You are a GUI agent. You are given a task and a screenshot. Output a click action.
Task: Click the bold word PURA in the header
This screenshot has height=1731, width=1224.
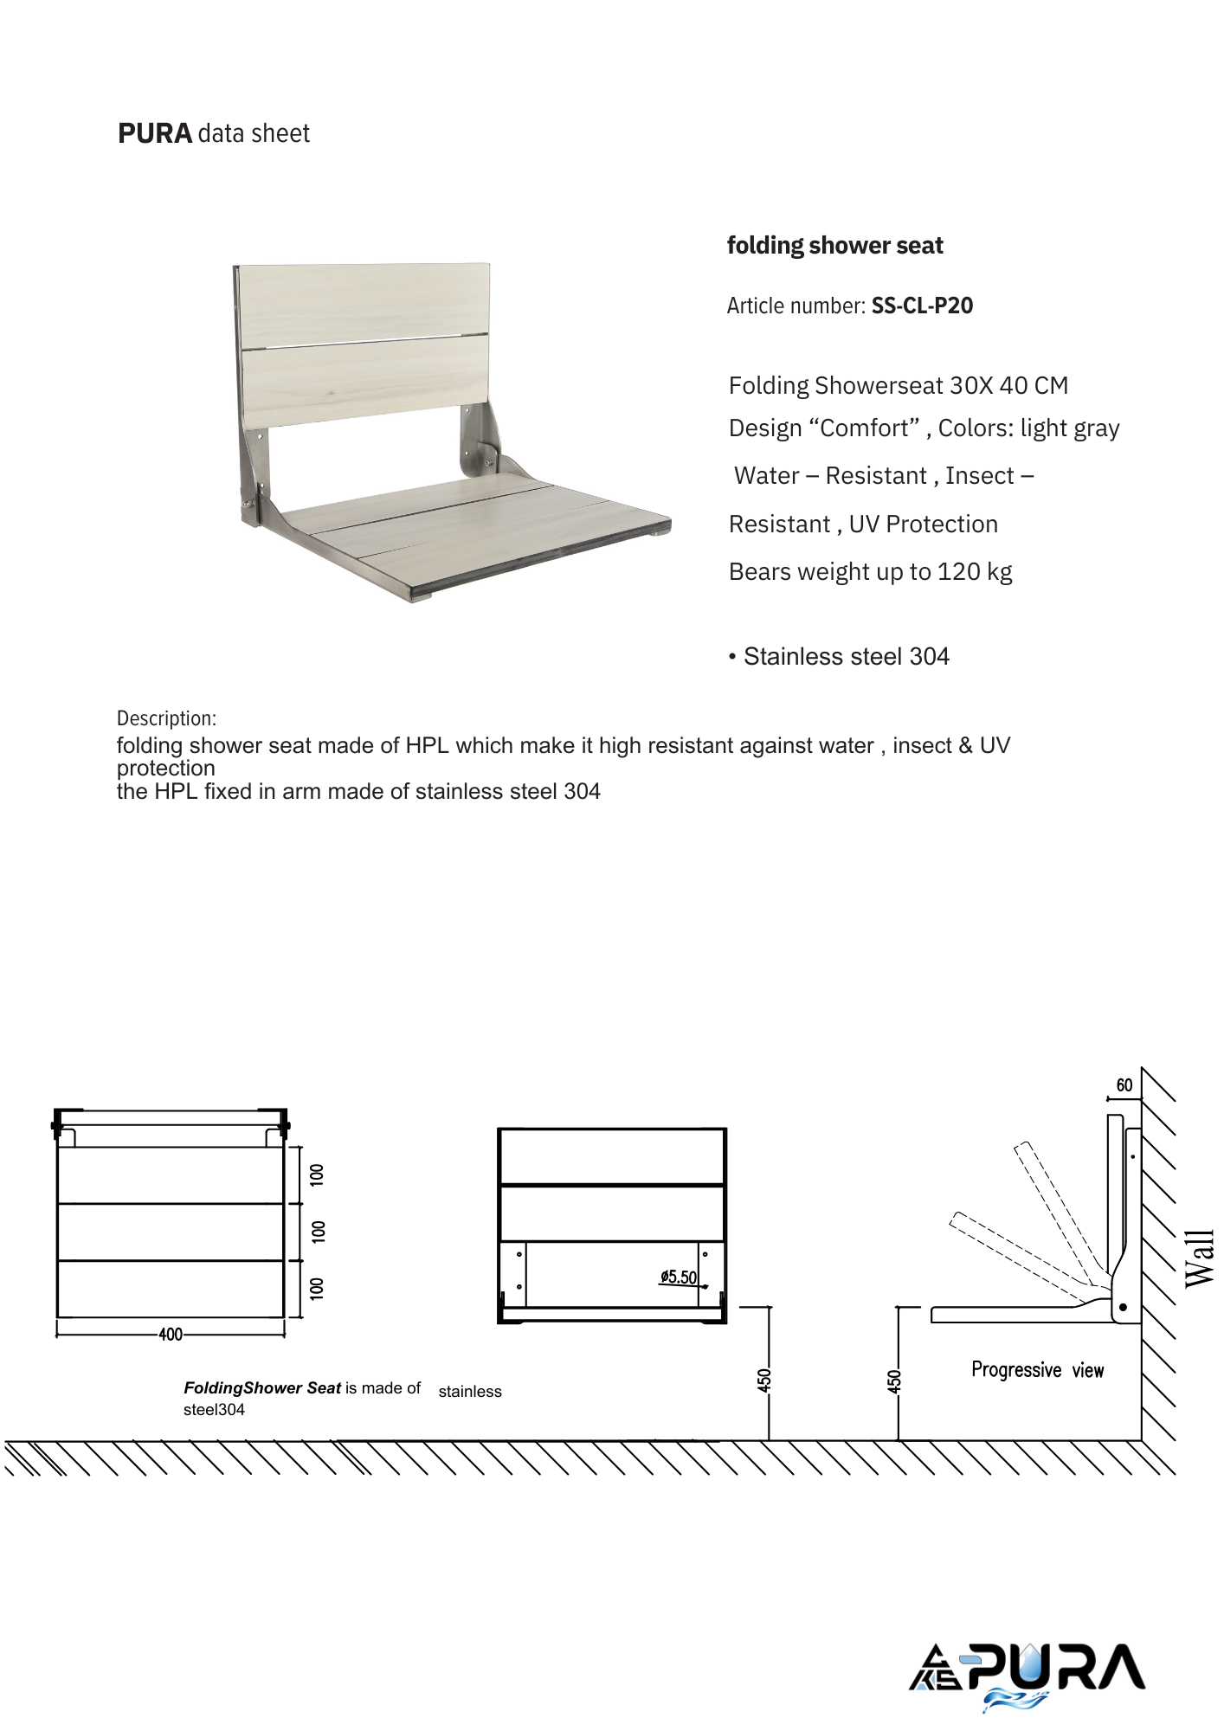point(154,134)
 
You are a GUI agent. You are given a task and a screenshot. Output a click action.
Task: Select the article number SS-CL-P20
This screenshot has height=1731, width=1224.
point(922,306)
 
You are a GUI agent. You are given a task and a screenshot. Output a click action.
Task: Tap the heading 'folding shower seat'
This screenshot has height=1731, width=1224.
point(834,246)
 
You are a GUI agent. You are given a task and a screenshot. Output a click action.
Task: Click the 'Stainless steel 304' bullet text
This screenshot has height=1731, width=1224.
point(846,657)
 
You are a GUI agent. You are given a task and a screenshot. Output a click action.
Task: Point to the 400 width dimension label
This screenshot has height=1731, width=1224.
point(171,1335)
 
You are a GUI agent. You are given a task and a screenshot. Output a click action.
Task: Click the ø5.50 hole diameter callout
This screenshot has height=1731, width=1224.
point(679,1277)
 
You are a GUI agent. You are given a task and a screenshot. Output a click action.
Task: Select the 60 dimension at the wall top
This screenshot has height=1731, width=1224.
point(1124,1085)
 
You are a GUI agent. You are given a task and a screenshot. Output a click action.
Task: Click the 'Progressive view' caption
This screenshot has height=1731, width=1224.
point(1037,1370)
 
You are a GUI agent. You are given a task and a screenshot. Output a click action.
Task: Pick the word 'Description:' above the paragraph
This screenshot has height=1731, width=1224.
point(166,718)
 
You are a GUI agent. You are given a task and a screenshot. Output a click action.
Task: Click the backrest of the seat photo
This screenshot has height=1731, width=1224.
point(364,342)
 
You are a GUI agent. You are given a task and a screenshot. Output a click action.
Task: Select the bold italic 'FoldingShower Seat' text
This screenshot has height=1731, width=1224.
point(262,1388)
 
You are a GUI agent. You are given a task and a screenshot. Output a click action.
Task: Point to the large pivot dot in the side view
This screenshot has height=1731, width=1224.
point(1123,1308)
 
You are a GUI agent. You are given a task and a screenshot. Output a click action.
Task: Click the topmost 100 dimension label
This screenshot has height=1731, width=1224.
point(318,1174)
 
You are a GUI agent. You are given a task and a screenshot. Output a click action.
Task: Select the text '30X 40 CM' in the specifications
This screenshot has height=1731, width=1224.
point(1008,386)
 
